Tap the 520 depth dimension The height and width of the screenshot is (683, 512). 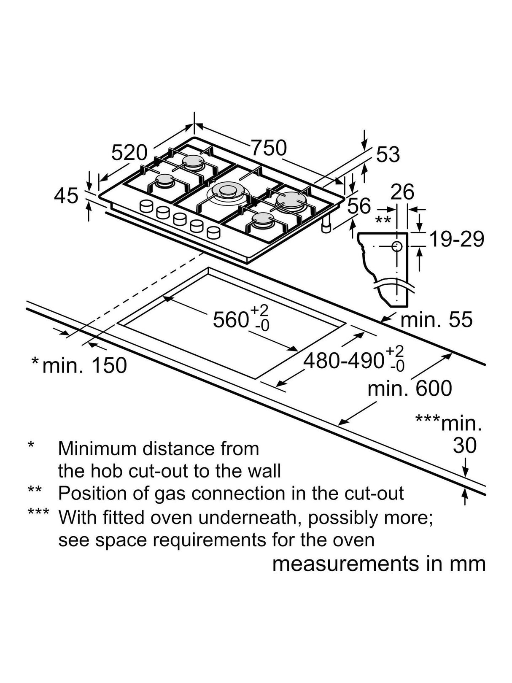[129, 153]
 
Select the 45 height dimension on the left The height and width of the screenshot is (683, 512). [66, 197]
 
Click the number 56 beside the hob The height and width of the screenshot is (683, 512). [359, 205]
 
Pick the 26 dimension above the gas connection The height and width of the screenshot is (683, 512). [402, 192]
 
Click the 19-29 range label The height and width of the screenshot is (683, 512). [457, 239]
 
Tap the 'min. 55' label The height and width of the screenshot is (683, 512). [437, 319]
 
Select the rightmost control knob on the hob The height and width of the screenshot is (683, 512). [213, 232]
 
